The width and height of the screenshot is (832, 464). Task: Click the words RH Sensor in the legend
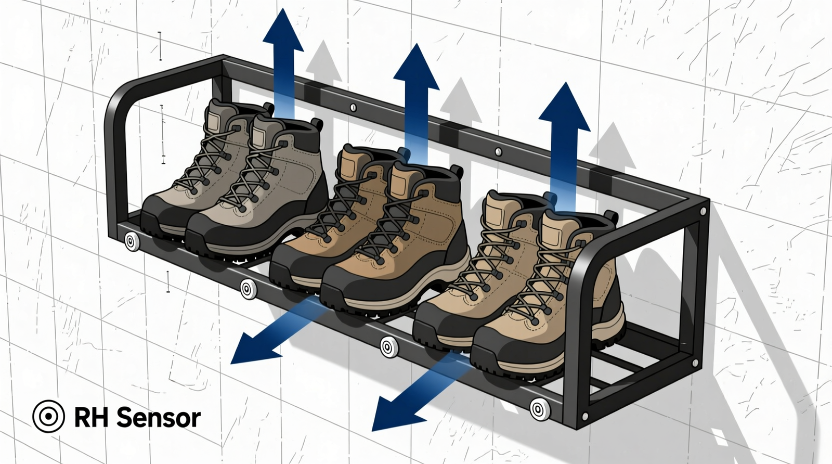tap(137, 418)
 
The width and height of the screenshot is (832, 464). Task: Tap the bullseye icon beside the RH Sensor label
tap(48, 416)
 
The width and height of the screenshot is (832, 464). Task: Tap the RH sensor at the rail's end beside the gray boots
tap(132, 242)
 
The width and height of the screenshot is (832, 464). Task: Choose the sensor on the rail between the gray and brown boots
tap(248, 289)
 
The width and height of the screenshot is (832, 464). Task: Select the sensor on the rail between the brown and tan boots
tap(388, 346)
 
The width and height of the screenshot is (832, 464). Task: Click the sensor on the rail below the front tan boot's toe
tap(539, 409)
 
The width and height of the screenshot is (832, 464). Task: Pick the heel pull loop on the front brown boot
tap(457, 171)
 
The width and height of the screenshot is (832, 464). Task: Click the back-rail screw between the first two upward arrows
tap(353, 108)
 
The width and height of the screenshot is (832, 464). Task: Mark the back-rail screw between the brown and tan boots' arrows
tap(498, 152)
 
